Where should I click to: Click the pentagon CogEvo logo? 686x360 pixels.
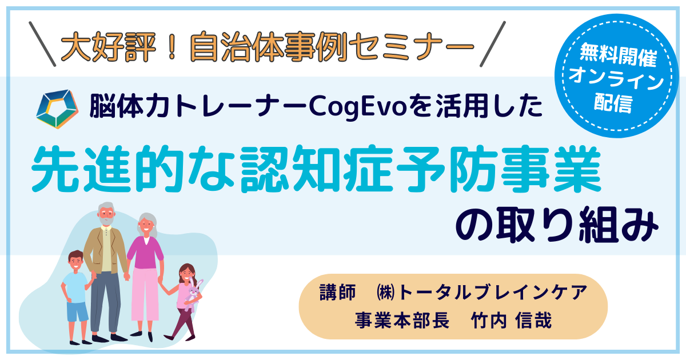(57, 109)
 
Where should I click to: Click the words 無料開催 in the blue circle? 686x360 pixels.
(618, 55)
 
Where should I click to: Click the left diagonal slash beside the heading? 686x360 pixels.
(42, 44)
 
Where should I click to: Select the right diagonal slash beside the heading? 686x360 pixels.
(492, 44)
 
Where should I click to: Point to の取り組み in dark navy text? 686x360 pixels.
(557, 225)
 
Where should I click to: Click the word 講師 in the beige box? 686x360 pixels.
(337, 292)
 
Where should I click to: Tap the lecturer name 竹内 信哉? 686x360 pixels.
(512, 320)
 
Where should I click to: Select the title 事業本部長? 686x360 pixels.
(402, 320)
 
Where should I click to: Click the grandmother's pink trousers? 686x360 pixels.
(145, 294)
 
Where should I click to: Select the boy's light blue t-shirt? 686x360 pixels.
(76, 288)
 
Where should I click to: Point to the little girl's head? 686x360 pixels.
(186, 273)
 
